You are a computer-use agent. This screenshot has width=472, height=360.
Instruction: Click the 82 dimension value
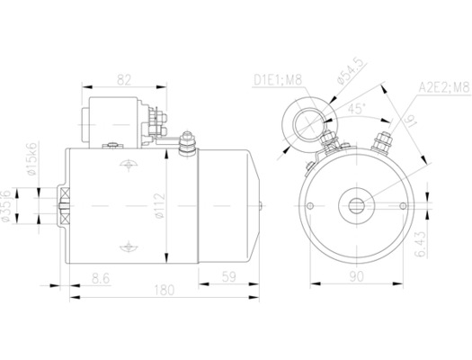pyautogui.click(x=124, y=80)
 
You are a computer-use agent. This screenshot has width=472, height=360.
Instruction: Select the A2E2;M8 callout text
pyautogui.click(x=442, y=88)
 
